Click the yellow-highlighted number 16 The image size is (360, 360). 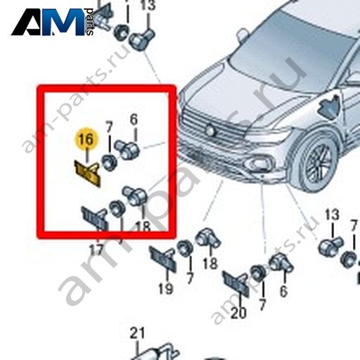[86, 139]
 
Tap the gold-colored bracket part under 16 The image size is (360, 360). [87, 173]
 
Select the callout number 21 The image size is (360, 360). [137, 333]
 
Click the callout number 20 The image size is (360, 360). [238, 313]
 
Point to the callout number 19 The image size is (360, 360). [166, 288]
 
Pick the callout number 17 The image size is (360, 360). [96, 250]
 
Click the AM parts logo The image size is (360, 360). [53, 22]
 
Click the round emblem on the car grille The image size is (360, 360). [210, 130]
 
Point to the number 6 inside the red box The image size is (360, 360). [134, 120]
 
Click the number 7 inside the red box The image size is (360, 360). [109, 128]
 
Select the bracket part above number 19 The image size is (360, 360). [162, 259]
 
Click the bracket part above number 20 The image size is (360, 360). [236, 284]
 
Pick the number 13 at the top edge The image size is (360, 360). [148, 5]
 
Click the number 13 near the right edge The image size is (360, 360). [332, 214]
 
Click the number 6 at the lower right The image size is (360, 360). [283, 291]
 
